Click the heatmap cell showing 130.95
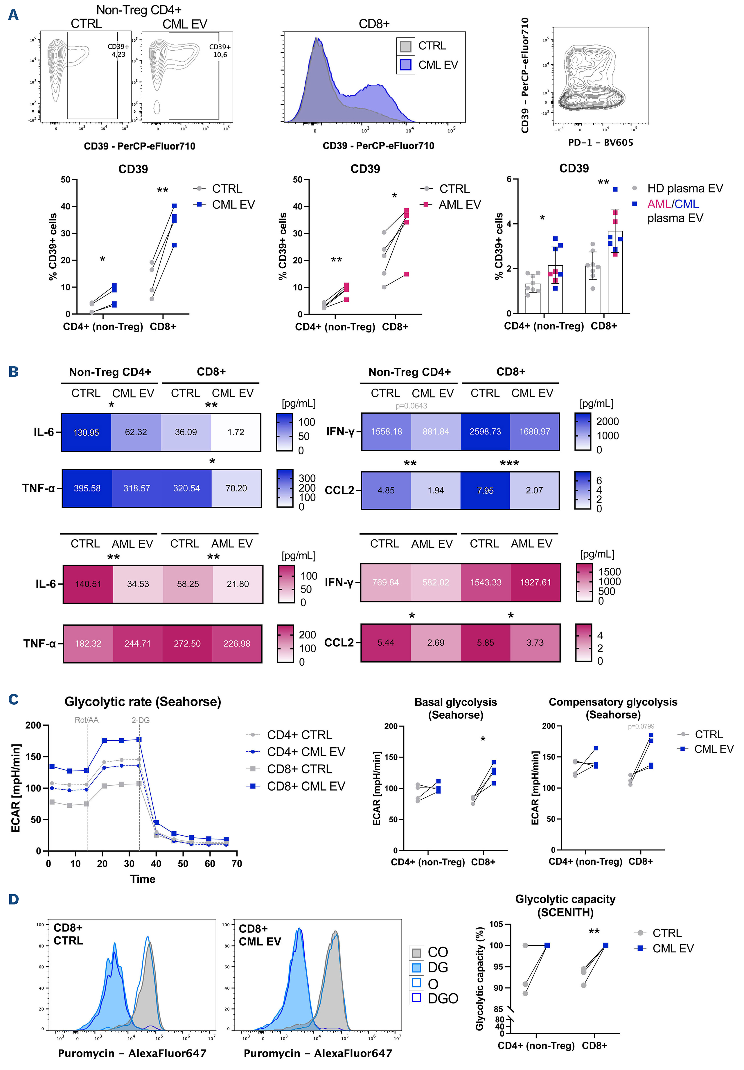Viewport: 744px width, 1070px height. pos(86,432)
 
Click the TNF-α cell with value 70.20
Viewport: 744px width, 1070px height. pos(236,489)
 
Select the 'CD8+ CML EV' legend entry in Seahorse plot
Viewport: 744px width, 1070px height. pos(305,786)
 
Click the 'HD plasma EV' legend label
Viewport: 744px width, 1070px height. pos(685,188)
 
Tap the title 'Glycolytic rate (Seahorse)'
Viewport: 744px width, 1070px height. pos(143,702)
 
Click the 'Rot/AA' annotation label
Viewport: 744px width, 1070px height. pos(87,720)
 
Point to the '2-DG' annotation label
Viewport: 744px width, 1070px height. pos(140,720)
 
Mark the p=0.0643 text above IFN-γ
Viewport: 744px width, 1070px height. pos(411,406)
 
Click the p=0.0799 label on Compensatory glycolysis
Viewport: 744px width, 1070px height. pos(641,726)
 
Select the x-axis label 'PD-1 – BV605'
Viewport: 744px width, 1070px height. pos(601,143)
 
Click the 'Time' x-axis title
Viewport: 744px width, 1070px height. pos(143,879)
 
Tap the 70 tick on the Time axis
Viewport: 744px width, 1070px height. pos(237,863)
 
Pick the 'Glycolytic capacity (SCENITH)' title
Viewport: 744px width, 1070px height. pos(565,906)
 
